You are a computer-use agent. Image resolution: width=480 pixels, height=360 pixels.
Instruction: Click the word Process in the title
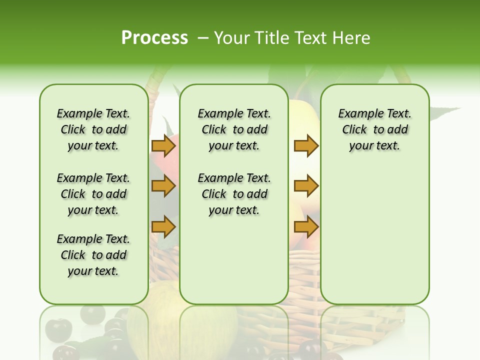coord(154,38)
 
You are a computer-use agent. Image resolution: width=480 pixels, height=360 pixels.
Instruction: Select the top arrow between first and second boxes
coord(163,146)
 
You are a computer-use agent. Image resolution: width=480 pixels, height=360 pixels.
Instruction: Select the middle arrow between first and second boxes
coord(163,186)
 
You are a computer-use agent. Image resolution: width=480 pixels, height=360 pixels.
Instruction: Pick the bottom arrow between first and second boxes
coord(163,227)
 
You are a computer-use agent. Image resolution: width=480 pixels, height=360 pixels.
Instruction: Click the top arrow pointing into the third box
coord(306,146)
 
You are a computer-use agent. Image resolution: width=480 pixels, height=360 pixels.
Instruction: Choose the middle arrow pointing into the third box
coord(306,186)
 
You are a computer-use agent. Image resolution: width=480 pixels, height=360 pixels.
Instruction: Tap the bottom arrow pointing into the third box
coord(306,227)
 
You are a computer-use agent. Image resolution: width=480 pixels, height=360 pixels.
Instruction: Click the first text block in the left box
coord(93,129)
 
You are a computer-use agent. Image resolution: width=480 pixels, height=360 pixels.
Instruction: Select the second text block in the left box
coord(93,194)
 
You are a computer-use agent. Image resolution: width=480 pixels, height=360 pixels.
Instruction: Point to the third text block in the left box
coord(93,255)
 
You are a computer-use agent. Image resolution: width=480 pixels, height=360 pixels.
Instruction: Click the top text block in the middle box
coord(234,129)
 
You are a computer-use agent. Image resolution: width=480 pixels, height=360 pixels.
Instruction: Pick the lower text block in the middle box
coord(234,194)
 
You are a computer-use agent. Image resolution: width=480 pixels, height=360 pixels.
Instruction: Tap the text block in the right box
coord(374,129)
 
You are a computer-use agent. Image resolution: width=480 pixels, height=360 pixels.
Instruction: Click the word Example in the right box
coord(356,114)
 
